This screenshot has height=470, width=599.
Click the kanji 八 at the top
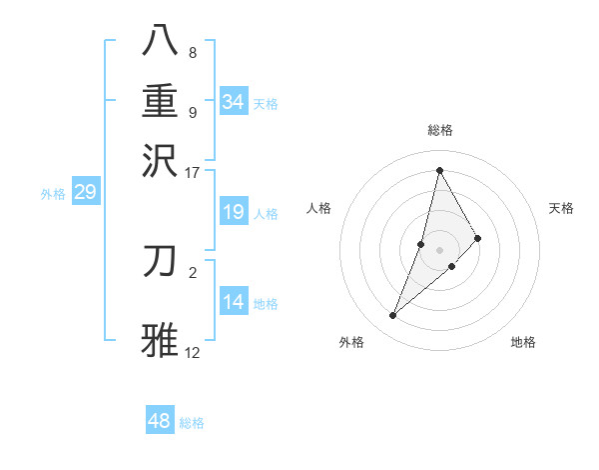pyautogui.click(x=161, y=40)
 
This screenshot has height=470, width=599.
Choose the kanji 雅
pyautogui.click(x=161, y=338)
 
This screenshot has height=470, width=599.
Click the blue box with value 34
pyautogui.click(x=234, y=102)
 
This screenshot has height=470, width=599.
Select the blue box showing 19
pyautogui.click(x=234, y=212)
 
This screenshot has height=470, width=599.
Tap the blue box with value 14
pyautogui.click(x=234, y=302)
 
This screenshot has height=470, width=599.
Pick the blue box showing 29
pyautogui.click(x=85, y=192)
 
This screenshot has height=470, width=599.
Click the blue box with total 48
pyautogui.click(x=160, y=421)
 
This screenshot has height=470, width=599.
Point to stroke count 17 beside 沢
pyautogui.click(x=193, y=172)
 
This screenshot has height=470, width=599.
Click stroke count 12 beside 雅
pyautogui.click(x=193, y=353)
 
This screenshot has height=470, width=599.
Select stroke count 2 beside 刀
pyautogui.click(x=193, y=271)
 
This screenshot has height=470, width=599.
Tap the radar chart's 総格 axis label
pyautogui.click(x=440, y=131)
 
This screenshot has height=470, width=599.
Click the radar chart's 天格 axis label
pyautogui.click(x=561, y=208)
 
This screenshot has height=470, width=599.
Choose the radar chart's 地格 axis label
pyautogui.click(x=523, y=342)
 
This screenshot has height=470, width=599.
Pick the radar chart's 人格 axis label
pyautogui.click(x=318, y=208)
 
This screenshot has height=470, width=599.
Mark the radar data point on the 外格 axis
pyautogui.click(x=393, y=316)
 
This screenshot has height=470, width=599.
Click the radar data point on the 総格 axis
pyautogui.click(x=439, y=170)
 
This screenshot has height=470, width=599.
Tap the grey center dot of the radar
pyautogui.click(x=439, y=250)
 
